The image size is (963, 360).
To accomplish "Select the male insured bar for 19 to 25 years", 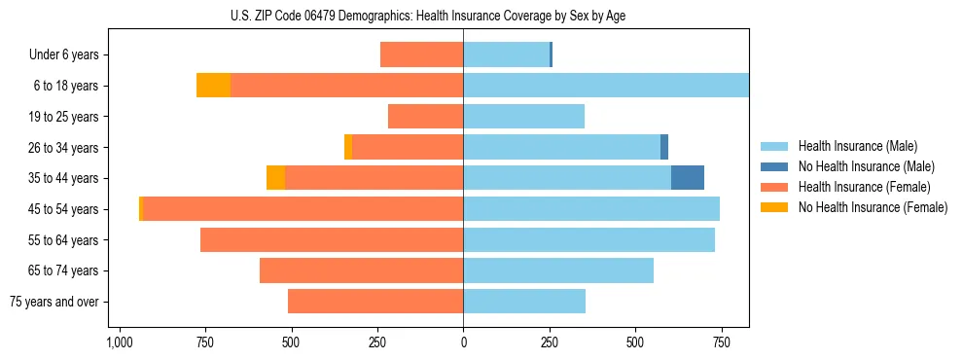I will pos(523,117).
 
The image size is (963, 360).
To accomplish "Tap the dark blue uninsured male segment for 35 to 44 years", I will pos(688,178).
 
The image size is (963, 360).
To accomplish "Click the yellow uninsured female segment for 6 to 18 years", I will pos(213,86).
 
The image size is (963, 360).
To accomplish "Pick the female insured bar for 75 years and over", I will pos(375,302).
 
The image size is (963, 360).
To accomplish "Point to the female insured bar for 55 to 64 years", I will pos(332,240).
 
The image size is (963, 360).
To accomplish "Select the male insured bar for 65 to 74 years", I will pos(558,270).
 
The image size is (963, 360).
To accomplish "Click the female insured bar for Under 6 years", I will pos(421,54).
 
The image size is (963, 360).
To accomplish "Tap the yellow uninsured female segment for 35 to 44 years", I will pos(275,178).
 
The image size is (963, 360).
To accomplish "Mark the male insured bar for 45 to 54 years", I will pos(591,209).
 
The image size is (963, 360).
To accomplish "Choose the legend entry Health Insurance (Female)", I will pos(864,187).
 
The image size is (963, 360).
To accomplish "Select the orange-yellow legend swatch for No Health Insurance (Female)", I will pos(774,207).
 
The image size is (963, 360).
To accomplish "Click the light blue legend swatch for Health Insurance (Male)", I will pos(774,146).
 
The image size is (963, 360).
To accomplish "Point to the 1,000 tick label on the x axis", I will pos(119,342).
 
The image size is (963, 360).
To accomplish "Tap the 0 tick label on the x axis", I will pos(463,342).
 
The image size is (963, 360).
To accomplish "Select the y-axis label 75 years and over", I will pos(54,302).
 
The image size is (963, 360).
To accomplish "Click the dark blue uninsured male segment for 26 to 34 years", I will pos(664,147).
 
